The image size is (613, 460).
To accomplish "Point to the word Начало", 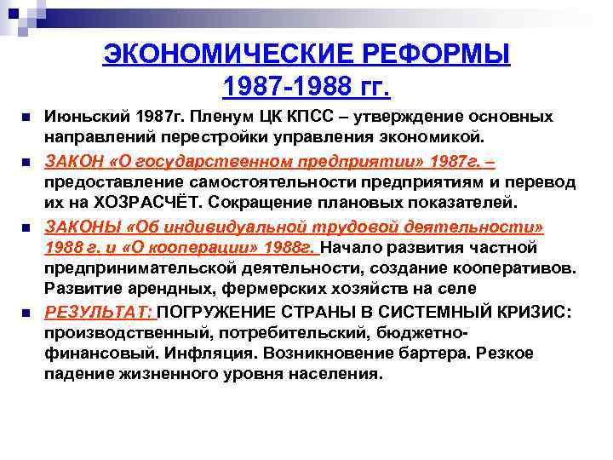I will click(x=355, y=248).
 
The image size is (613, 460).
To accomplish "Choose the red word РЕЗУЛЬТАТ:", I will click(x=100, y=312).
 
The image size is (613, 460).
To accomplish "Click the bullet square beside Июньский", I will click(x=28, y=117).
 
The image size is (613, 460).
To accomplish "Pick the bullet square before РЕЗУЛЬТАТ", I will click(x=28, y=313).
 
